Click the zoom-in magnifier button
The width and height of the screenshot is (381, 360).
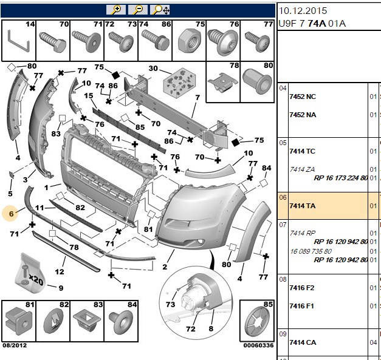(116, 10)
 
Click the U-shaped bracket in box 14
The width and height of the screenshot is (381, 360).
(18, 41)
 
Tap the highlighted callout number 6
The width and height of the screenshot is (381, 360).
(11, 214)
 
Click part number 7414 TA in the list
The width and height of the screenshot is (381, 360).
(302, 206)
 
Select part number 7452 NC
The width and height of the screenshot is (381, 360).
(303, 97)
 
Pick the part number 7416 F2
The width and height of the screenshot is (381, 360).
(301, 288)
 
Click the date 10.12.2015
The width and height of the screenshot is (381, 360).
(303, 11)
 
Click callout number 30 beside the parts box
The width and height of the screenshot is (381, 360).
(153, 69)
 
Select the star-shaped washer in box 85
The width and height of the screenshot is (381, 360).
(256, 322)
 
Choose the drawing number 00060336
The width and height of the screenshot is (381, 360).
(258, 345)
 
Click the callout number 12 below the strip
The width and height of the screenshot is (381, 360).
(60, 271)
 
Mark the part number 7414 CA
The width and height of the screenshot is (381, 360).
(303, 342)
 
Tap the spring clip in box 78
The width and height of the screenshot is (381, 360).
(222, 83)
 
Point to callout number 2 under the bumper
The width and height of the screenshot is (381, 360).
(165, 267)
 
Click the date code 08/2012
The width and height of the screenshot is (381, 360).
(15, 345)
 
